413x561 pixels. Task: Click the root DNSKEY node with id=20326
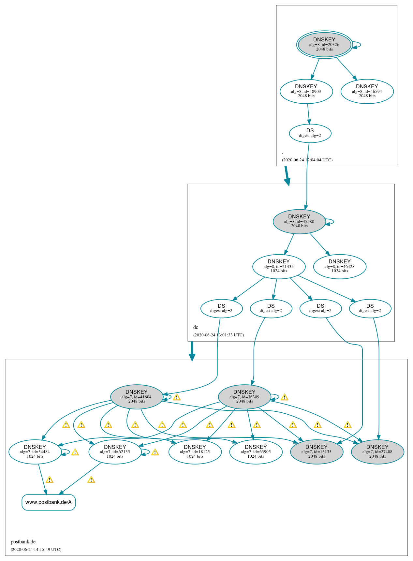pyautogui.click(x=324, y=45)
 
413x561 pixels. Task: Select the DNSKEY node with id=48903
pyautogui.click(x=306, y=91)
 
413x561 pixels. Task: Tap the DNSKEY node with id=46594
pyautogui.click(x=367, y=91)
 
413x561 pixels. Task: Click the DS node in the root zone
pyautogui.click(x=310, y=133)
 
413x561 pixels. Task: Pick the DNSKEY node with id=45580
pyautogui.click(x=299, y=222)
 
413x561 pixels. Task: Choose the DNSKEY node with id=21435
pyautogui.click(x=279, y=266)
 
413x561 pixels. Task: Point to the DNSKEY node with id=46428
pyautogui.click(x=340, y=266)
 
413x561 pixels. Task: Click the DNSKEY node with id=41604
pyautogui.click(x=137, y=397)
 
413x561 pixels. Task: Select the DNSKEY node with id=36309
pyautogui.click(x=244, y=397)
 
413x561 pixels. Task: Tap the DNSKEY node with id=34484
pyautogui.click(x=35, y=452)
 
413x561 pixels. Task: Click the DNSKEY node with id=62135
pyautogui.click(x=115, y=452)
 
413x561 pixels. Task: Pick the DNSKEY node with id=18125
pyautogui.click(x=195, y=452)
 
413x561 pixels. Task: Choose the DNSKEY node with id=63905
pyautogui.click(x=256, y=452)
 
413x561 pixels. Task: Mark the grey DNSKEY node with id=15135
pyautogui.click(x=317, y=452)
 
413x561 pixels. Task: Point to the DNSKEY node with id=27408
pyautogui.click(x=377, y=452)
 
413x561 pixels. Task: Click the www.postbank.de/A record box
pyautogui.click(x=49, y=502)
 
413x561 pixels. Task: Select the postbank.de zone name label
pyautogui.click(x=23, y=542)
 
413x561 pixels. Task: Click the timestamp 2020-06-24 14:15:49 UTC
pyautogui.click(x=36, y=550)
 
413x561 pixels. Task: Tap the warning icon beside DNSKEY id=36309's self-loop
pyautogui.click(x=284, y=397)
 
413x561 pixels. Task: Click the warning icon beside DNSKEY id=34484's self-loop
pyautogui.click(x=75, y=452)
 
